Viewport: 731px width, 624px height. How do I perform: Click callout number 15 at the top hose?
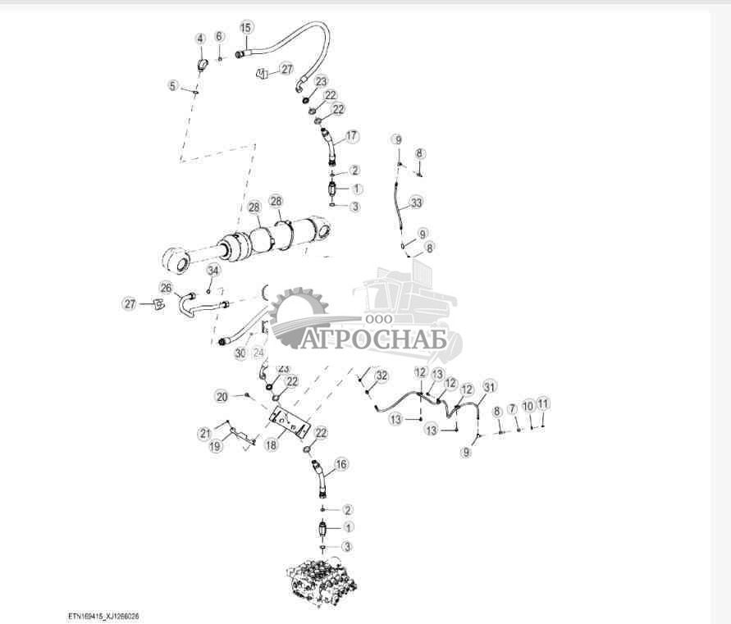(x=246, y=27)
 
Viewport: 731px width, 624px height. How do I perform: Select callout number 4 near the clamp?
(x=199, y=39)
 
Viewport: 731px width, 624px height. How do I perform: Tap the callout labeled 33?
(x=416, y=202)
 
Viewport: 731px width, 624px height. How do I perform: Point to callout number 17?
(x=352, y=136)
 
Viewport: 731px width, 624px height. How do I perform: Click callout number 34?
(x=213, y=271)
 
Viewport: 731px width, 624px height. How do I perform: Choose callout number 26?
(x=167, y=288)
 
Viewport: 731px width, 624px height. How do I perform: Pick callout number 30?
(x=240, y=353)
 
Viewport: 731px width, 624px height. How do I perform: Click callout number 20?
(x=222, y=395)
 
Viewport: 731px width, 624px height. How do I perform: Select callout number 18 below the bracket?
(x=270, y=444)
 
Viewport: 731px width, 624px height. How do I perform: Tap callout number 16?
(x=341, y=464)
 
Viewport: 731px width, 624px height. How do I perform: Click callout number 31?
(x=490, y=386)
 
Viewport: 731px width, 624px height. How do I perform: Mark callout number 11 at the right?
(x=543, y=403)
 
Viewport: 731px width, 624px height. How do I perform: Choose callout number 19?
(x=214, y=447)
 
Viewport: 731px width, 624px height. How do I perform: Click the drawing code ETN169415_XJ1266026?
(x=109, y=614)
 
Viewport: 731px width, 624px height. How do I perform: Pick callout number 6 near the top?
(x=219, y=37)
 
